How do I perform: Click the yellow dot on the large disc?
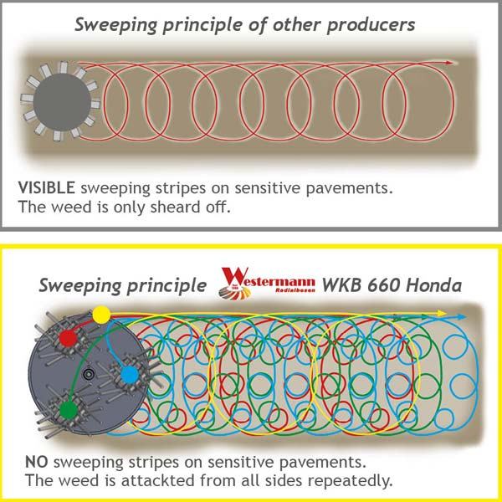click(100, 315)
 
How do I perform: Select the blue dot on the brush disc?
click(130, 375)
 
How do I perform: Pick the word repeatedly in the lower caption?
click(345, 482)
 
